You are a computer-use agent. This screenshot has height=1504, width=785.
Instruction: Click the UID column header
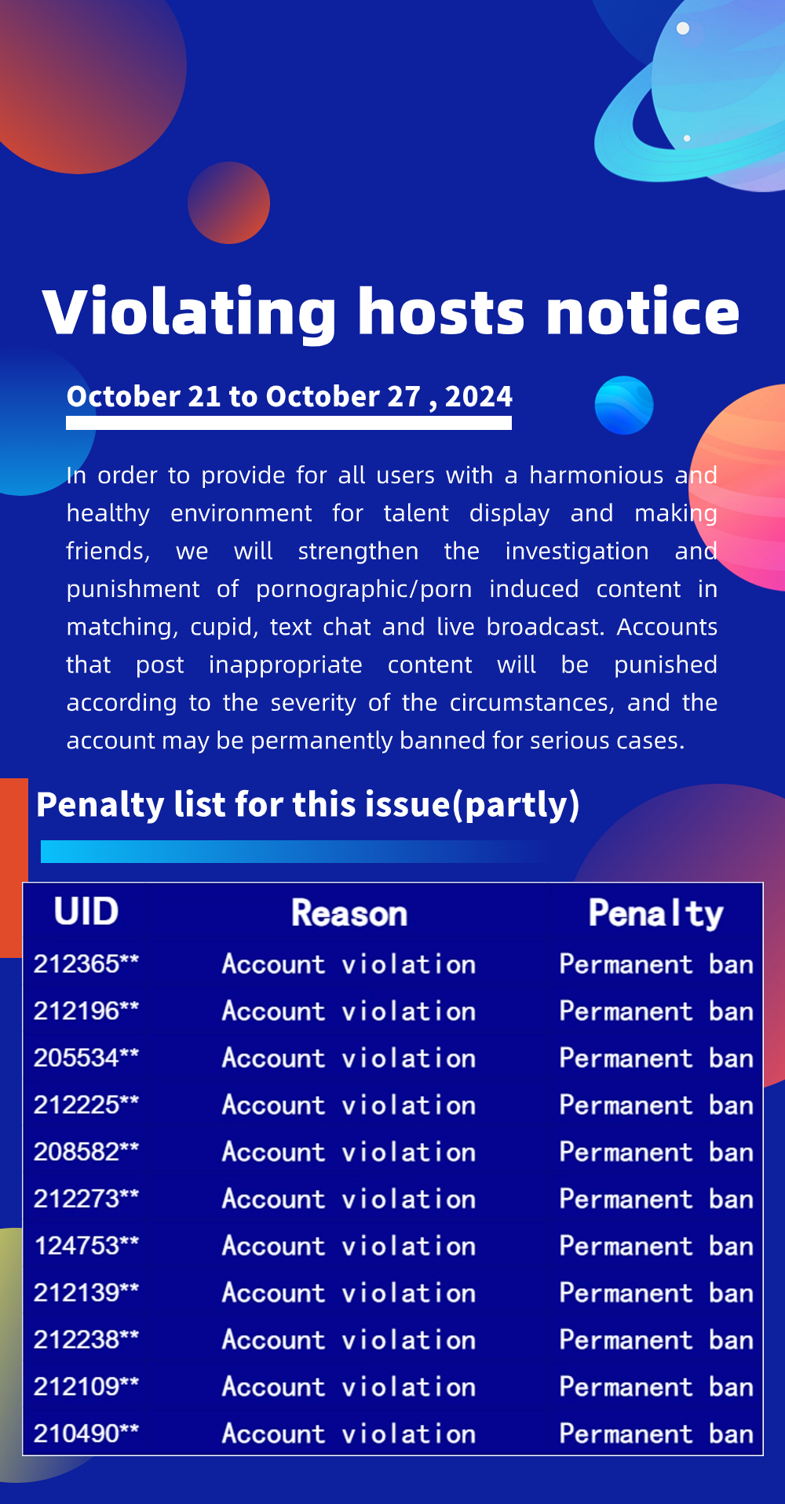86,912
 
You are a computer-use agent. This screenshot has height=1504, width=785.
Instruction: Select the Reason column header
349,913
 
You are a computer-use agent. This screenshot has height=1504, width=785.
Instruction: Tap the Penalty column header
656,914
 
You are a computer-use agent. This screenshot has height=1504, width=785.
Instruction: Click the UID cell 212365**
86,963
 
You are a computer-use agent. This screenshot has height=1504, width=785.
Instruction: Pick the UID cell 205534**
86,1058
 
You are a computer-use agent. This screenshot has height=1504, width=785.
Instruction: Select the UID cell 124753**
86,1245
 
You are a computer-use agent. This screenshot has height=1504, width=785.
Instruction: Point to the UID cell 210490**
86,1433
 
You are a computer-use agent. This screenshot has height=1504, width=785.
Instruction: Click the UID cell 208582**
86,1152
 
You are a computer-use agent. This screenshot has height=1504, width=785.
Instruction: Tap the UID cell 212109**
86,1386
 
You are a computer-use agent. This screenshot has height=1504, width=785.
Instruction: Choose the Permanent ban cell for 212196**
656,1011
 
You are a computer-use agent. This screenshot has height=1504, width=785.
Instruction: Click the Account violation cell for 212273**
349,1199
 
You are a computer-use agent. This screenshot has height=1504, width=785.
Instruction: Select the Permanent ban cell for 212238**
656,1340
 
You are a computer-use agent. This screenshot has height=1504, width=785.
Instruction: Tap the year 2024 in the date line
479,396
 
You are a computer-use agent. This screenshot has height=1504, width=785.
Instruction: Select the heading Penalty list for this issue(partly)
308,805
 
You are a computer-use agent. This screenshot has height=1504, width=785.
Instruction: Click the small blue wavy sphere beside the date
624,406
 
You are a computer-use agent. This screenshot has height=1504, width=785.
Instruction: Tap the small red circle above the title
228,202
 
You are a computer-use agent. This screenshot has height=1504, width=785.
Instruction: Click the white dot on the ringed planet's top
683,28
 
